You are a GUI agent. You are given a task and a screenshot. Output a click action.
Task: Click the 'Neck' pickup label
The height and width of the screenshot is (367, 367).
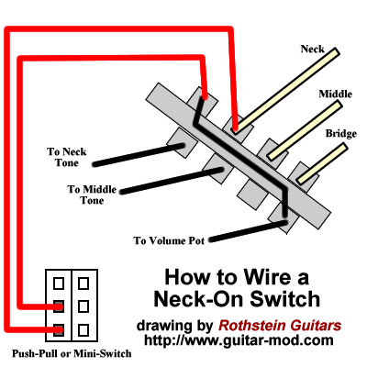312,49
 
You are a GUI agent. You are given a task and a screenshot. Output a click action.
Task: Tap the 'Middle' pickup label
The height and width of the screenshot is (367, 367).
335,94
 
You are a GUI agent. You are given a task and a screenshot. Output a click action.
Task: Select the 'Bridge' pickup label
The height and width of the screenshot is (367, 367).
340,134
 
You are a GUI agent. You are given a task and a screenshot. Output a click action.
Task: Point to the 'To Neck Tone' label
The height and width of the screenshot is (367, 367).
67,157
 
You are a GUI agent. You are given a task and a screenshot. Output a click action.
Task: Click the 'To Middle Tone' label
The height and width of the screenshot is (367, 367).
92,195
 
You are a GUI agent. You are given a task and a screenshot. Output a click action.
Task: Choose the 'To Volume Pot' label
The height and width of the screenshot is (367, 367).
169,240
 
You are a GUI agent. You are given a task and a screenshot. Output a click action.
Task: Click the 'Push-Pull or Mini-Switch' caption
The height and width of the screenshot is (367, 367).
72,354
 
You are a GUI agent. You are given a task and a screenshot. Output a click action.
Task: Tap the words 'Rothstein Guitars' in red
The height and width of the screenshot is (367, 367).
280,326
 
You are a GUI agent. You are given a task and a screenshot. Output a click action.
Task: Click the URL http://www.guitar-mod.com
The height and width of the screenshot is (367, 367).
239,340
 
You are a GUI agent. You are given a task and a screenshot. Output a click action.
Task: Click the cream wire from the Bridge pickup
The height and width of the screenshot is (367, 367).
322,163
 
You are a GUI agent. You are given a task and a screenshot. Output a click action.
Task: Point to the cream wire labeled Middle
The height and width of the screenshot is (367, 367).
305,130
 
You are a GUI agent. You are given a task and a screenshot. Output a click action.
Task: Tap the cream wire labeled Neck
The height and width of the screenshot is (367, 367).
285,91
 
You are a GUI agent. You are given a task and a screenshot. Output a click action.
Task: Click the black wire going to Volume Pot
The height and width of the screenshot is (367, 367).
249,231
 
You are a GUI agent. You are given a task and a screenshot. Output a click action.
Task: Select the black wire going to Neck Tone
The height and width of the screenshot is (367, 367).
139,155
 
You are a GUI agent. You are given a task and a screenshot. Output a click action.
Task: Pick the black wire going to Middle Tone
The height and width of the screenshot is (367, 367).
172,181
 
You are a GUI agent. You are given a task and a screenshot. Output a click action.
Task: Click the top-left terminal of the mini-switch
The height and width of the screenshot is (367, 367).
59,284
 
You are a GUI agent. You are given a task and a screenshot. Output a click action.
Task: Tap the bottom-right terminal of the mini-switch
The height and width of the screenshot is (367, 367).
83,330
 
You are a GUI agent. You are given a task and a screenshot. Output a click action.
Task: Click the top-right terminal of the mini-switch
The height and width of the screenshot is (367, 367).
83,284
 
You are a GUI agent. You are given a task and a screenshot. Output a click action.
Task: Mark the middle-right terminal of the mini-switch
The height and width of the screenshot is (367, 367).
83,306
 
